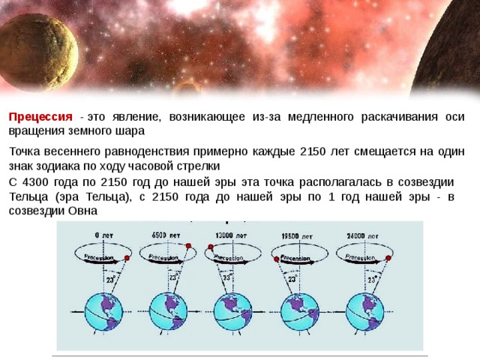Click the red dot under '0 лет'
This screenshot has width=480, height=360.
click(x=127, y=259)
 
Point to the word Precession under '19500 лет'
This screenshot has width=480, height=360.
click(x=295, y=257)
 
